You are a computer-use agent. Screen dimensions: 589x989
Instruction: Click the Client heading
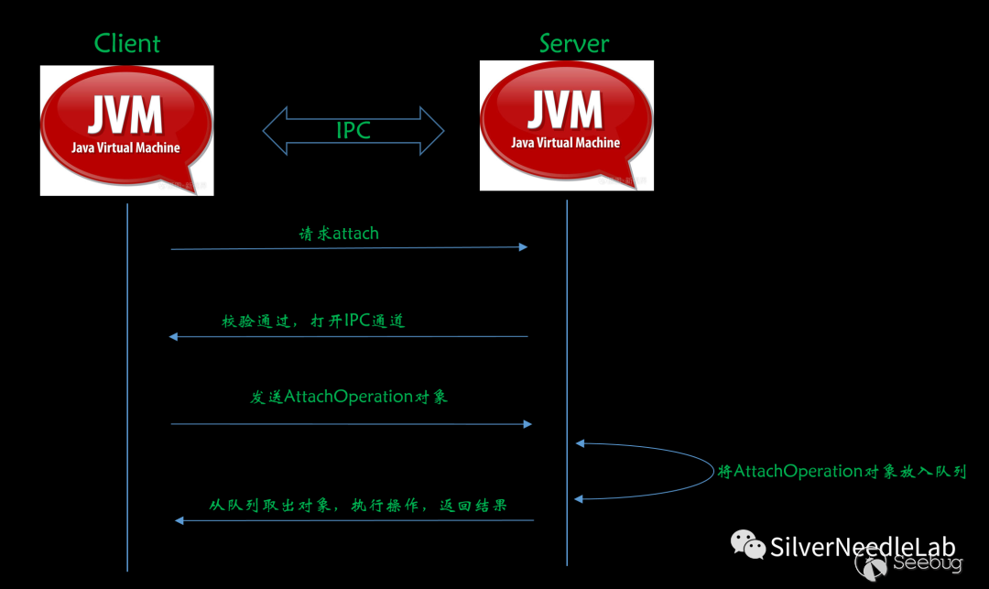(127, 43)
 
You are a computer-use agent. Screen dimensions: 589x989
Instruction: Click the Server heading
(574, 43)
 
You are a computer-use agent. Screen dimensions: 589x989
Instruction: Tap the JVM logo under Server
(566, 125)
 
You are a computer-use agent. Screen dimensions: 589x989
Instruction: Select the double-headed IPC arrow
(353, 130)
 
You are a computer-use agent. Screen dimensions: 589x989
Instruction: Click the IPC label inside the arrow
(353, 131)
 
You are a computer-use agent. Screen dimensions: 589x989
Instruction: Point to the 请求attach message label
(339, 234)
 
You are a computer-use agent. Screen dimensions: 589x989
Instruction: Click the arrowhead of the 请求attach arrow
(523, 247)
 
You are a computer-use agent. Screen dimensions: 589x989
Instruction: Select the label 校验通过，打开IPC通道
(313, 322)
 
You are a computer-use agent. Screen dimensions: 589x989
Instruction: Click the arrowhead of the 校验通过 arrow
(174, 337)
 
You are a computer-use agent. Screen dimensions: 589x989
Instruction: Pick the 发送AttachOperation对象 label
(349, 397)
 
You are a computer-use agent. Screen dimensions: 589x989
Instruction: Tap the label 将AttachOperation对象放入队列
(842, 472)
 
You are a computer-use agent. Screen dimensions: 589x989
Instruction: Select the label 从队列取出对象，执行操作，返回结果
(358, 505)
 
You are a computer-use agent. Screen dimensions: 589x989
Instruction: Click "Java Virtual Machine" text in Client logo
(126, 147)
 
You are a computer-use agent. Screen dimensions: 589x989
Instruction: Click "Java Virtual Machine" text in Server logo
(566, 143)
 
